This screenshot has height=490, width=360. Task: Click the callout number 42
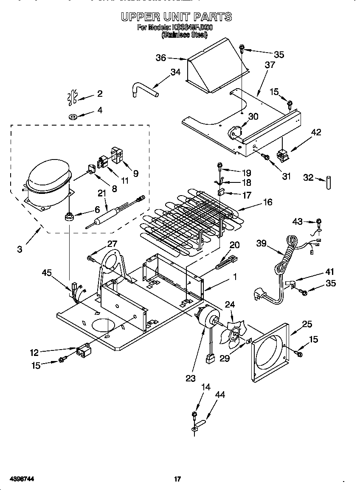click(316, 132)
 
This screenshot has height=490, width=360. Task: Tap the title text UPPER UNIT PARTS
click(177, 17)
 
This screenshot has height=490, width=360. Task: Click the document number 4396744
click(17, 479)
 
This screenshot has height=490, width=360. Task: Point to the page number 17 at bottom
click(178, 479)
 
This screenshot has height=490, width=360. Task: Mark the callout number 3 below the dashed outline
click(20, 249)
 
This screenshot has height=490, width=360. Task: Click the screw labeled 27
click(92, 257)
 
